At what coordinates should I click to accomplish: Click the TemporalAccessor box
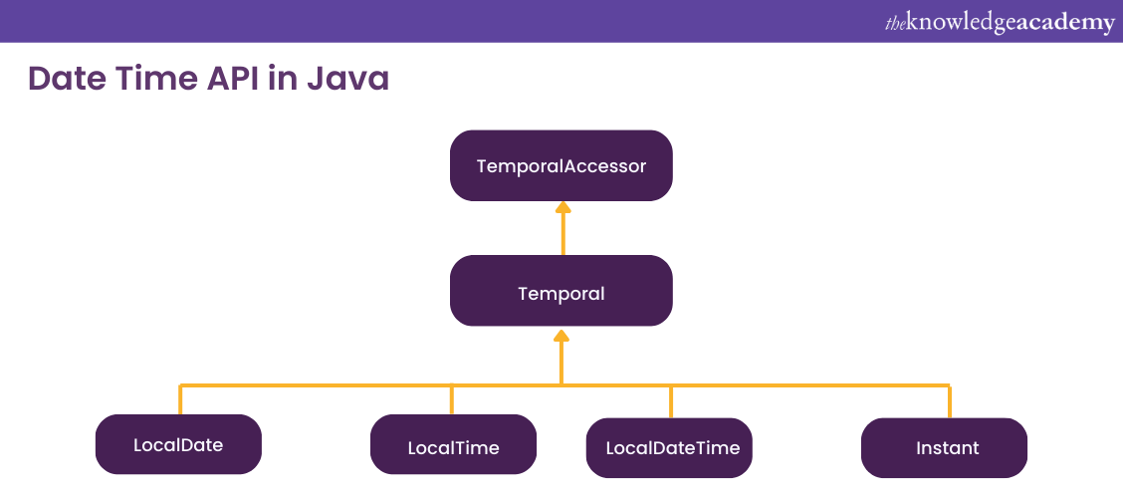[x=561, y=165]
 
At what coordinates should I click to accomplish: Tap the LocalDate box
[x=178, y=444]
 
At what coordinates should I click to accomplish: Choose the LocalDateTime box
[x=669, y=447]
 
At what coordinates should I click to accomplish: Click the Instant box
[x=944, y=447]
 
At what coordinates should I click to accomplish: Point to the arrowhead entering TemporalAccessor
[x=562, y=207]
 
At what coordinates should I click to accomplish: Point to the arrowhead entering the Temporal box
[x=561, y=337]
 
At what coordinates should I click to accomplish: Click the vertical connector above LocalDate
[x=180, y=399]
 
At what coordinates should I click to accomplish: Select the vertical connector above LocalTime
[x=452, y=399]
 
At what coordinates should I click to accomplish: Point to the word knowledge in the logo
[x=960, y=23]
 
